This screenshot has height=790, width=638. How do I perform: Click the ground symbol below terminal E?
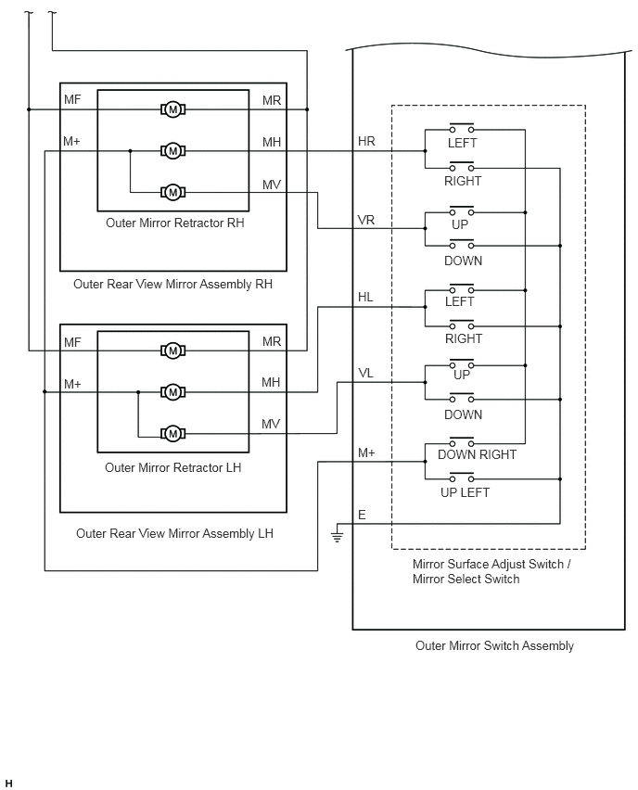coord(338,537)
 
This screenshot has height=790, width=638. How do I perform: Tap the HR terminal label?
coord(366,141)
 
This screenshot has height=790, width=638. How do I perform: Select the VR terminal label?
coord(366,220)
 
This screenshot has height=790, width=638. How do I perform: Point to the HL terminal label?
coord(365,298)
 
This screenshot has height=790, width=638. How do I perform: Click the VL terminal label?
coord(365,374)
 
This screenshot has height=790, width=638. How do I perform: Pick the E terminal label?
coord(362,515)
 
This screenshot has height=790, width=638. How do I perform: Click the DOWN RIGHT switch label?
coord(477,454)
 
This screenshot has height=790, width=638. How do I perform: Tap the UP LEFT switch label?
coord(465,492)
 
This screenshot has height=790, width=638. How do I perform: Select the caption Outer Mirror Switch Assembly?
coord(494,646)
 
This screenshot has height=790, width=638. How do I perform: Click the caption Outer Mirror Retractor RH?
coord(175,223)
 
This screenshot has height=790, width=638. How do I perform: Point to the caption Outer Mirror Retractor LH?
coord(172,467)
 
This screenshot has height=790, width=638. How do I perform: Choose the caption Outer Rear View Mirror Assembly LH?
coord(174,533)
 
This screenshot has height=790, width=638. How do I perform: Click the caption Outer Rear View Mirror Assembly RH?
coord(172,284)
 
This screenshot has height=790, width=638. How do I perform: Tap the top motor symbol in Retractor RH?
coord(172,109)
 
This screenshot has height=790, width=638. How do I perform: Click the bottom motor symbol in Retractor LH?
coord(172,433)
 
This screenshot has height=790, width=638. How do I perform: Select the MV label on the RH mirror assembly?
coord(271,185)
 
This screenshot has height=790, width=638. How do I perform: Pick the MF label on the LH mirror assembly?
coord(72,342)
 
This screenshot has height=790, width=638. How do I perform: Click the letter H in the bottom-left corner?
coord(8,784)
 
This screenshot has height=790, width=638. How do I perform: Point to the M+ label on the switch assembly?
coord(366,452)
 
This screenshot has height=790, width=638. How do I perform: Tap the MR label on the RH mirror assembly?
coord(271,101)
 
